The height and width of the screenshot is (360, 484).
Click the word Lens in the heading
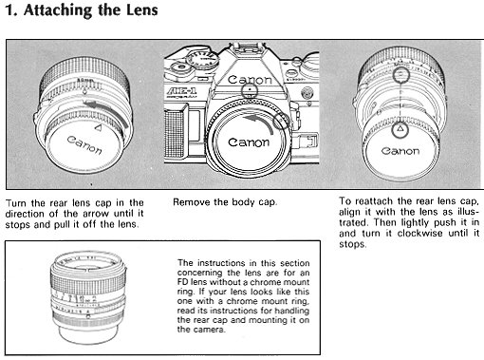click(142, 9)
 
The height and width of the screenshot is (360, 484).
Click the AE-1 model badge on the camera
click(181, 91)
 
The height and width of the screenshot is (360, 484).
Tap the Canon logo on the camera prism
click(250, 80)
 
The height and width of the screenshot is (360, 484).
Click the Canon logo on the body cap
click(249, 142)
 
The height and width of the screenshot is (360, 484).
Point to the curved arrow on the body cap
click(260, 122)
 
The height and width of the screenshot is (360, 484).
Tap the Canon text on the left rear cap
click(84, 144)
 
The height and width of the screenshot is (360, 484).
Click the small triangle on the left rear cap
click(98, 128)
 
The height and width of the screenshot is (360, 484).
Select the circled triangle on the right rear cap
click(400, 129)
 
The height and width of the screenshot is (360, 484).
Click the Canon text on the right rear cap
click(400, 151)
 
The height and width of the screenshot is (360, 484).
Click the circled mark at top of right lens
click(400, 75)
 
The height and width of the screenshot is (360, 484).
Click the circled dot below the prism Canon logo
click(250, 89)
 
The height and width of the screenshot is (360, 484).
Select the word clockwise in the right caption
click(423, 234)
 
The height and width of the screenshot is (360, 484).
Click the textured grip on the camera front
click(174, 133)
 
